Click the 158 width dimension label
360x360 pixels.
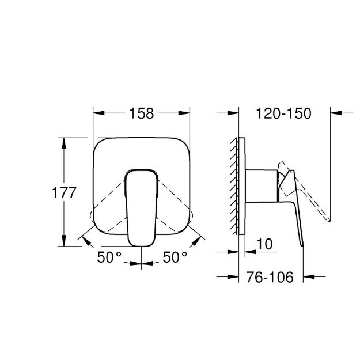142,113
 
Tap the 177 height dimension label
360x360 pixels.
64,192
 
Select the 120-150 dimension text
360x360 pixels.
283,113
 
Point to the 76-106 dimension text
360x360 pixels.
270,277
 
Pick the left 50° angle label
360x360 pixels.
109,257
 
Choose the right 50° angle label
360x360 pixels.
175,257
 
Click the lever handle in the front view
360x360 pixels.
142,208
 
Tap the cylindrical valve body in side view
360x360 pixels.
262,186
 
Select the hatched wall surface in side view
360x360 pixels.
233,186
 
